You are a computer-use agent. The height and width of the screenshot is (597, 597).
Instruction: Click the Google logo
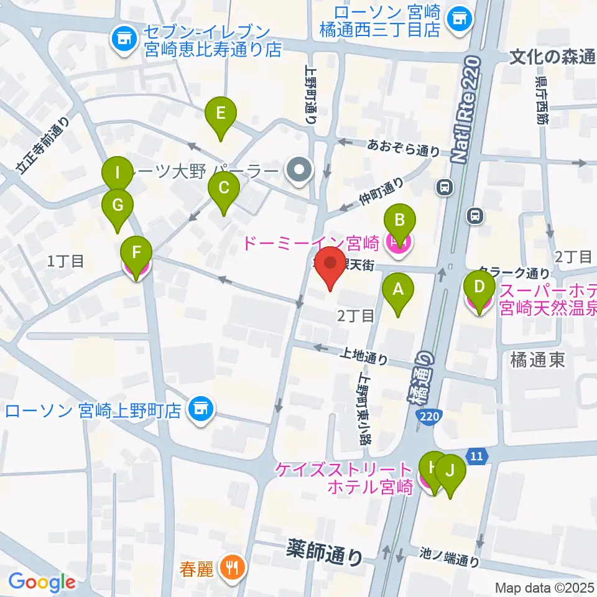(42, 582)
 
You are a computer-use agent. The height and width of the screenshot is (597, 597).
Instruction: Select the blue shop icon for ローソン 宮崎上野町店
(200, 409)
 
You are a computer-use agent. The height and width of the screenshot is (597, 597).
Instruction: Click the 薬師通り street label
(325, 550)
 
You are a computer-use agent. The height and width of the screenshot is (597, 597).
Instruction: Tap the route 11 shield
(476, 456)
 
